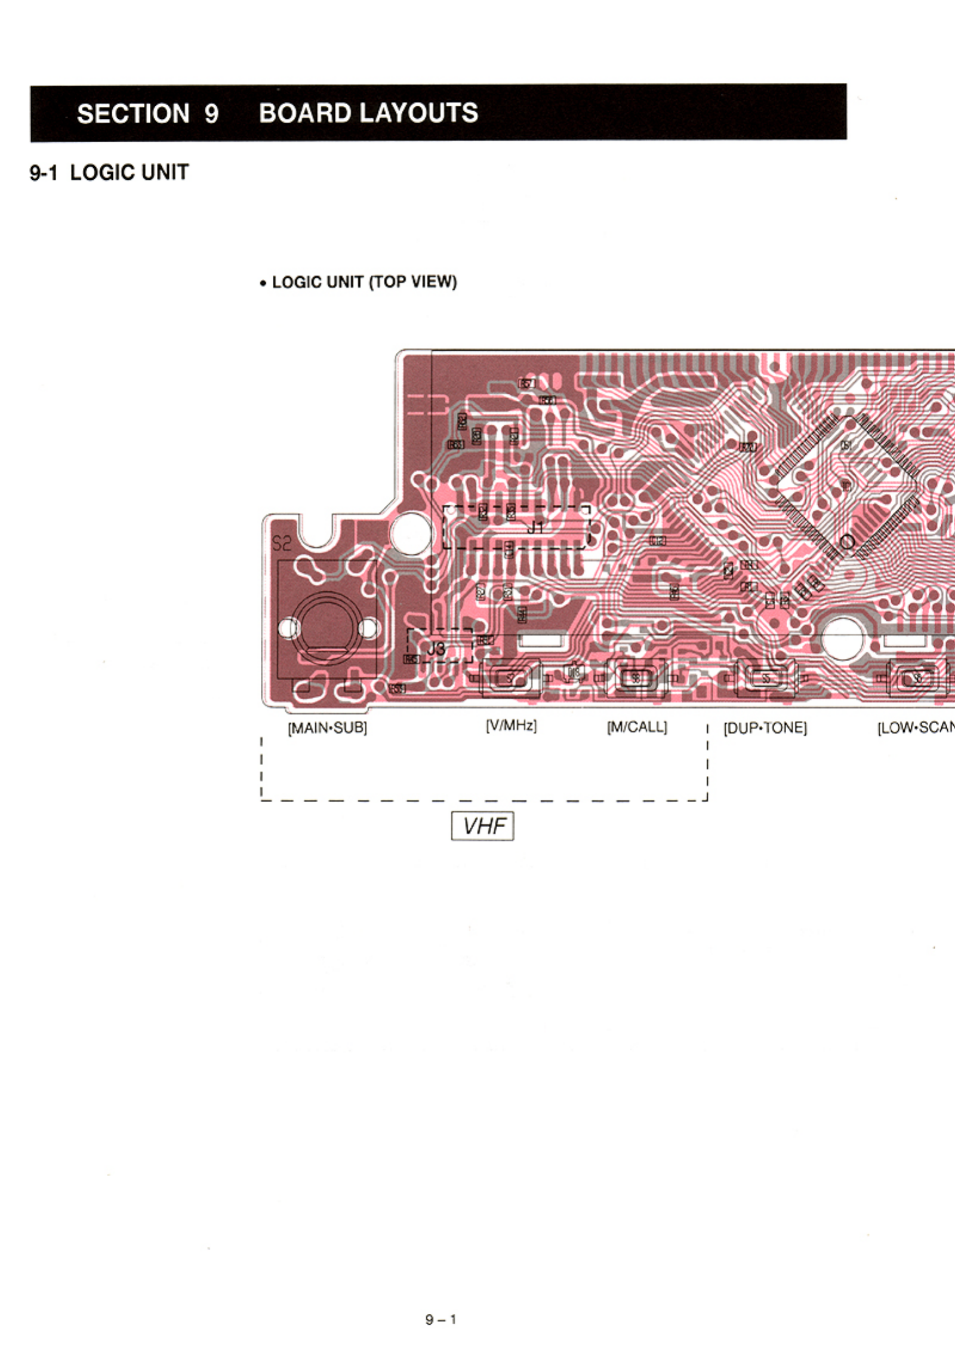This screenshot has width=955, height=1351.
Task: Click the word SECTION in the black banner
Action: click(133, 113)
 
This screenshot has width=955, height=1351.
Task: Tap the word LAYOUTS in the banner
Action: click(422, 113)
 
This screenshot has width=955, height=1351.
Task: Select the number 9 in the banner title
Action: click(211, 113)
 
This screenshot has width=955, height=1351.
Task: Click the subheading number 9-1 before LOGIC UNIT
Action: click(44, 173)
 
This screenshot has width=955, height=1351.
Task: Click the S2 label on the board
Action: click(282, 544)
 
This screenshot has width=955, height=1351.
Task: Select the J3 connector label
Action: click(436, 649)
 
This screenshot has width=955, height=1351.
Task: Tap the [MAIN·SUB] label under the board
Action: click(327, 728)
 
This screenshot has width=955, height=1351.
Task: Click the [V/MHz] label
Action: click(511, 726)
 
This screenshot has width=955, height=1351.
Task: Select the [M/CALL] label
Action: click(637, 727)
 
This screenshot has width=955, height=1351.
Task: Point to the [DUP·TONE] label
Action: click(765, 728)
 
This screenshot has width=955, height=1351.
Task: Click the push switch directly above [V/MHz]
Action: click(510, 678)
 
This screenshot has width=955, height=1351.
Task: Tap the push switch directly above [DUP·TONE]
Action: click(766, 678)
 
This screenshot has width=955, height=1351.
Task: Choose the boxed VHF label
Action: click(482, 826)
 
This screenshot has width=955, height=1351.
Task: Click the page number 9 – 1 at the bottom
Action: click(440, 1319)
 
